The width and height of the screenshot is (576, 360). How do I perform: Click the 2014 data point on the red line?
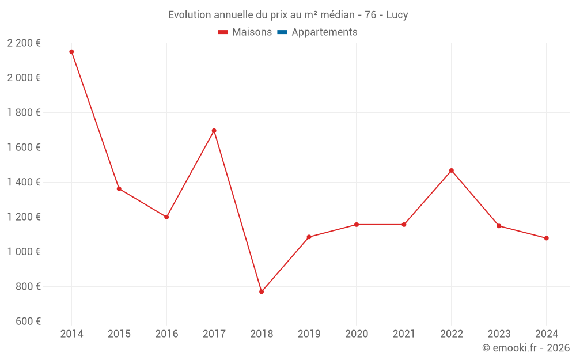tap(71, 52)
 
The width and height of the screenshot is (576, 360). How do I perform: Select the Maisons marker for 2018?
tap(262, 291)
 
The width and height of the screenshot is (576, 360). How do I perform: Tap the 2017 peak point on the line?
tap(214, 131)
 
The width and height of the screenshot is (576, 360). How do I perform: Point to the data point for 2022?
tap(452, 170)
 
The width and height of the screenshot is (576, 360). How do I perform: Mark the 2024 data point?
tap(546, 238)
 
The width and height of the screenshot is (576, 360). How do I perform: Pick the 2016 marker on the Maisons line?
tap(166, 217)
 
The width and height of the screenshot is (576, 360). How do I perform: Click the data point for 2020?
tap(357, 225)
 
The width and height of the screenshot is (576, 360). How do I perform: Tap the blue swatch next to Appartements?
tap(282, 32)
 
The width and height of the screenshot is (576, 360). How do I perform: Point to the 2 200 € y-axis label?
tap(24, 43)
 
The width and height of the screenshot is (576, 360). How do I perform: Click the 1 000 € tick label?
tap(24, 252)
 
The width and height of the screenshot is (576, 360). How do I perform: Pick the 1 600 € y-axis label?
tap(24, 147)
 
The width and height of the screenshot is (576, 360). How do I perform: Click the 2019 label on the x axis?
tap(309, 334)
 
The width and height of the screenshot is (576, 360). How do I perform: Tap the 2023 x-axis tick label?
tap(499, 334)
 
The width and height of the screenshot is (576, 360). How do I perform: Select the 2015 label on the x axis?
tap(119, 334)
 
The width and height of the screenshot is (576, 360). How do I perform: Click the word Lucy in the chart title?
tap(397, 15)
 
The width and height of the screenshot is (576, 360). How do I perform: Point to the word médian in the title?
tap(330, 15)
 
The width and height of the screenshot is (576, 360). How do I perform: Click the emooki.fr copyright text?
tap(526, 348)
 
